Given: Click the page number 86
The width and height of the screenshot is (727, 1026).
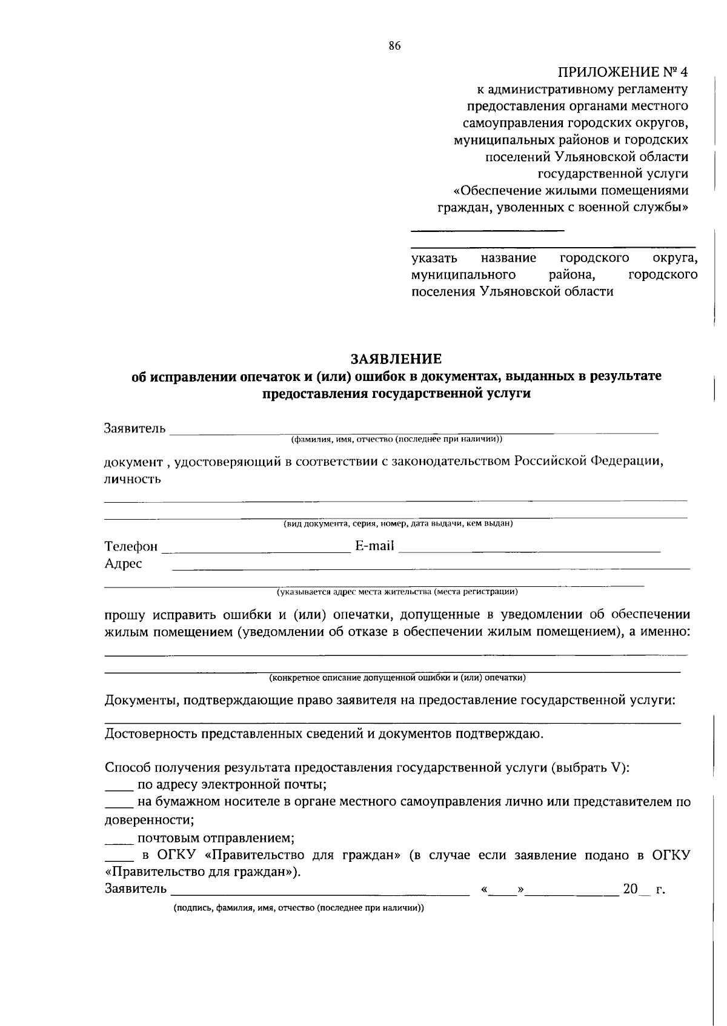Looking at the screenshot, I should coord(394,47).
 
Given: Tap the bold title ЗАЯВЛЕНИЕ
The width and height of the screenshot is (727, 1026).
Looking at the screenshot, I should coord(396,359).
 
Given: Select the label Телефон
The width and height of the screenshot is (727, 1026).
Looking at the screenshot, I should coord(131,546).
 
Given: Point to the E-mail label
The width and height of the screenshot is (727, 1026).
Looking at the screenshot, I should coord(374,546).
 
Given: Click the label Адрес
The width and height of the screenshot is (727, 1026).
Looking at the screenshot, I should coord(124,564).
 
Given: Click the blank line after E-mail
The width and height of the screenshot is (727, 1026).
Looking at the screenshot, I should coord(529,551).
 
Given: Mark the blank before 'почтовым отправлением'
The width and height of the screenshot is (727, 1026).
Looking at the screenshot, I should coord(119,843).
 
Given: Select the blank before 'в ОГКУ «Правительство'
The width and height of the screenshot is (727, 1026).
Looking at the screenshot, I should coord(119,861).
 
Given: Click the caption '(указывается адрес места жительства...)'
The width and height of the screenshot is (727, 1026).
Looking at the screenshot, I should coord(397,592).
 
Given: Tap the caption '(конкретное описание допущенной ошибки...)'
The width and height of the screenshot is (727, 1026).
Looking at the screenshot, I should coord(397,678).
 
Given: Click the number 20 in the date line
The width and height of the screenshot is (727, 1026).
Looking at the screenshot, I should coord(630,889).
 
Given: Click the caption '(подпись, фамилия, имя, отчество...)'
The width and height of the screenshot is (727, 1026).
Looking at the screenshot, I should coord(299,909).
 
